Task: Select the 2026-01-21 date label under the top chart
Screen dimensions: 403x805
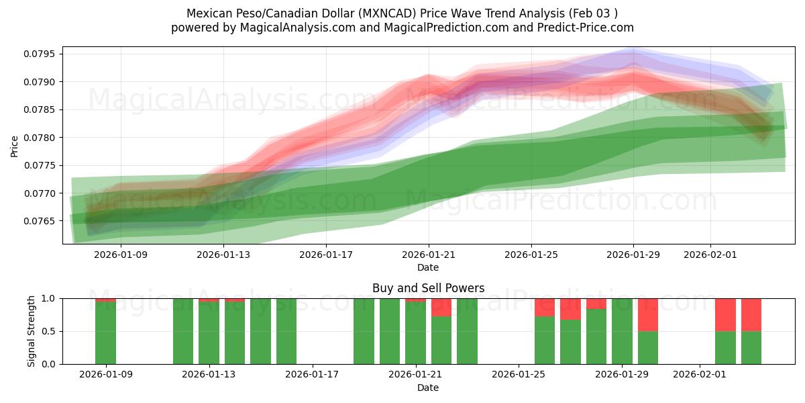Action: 429,255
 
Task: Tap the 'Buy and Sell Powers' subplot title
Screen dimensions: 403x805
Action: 428,288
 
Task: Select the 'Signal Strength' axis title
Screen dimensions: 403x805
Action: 32,331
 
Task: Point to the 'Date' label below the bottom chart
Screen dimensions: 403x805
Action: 428,388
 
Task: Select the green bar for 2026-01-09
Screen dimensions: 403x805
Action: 105,332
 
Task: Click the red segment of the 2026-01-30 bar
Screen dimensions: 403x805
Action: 647,314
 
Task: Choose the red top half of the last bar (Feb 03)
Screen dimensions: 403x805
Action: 751,314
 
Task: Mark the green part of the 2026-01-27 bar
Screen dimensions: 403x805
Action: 570,342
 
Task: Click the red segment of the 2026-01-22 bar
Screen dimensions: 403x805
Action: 441,307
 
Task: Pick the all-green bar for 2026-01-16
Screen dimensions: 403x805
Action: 286,331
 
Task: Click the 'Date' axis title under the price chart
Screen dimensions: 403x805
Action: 428,267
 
